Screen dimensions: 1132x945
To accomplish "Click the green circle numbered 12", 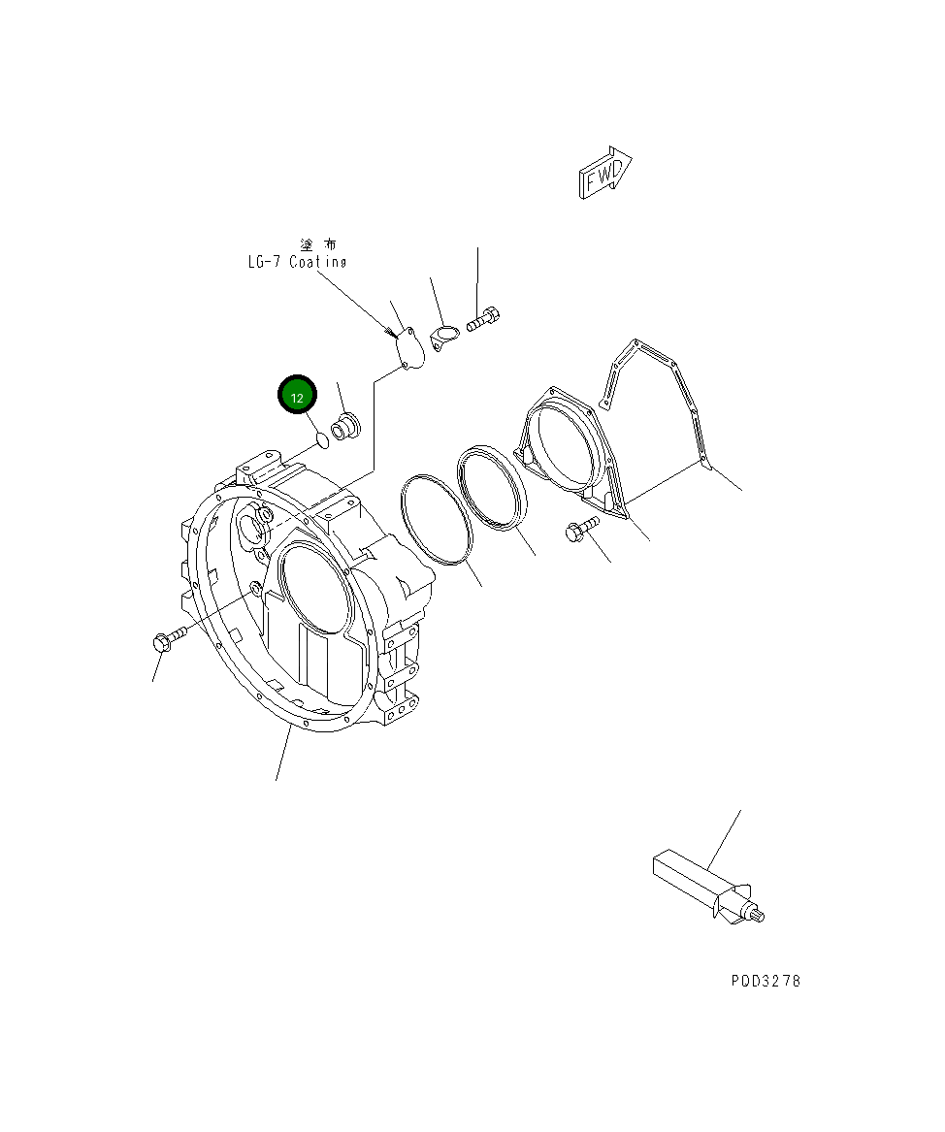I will [x=298, y=397].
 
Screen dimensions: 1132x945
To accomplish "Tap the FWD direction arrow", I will [x=605, y=175].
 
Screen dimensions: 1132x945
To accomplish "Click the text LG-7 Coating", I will [x=295, y=262].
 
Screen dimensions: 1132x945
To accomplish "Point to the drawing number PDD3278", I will [x=766, y=981].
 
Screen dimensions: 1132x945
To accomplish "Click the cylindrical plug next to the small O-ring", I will [x=346, y=427].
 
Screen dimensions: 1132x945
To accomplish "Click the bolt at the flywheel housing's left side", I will [x=168, y=640].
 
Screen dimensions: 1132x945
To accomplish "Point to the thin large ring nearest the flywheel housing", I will [x=435, y=518].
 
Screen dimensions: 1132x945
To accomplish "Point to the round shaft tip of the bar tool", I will [x=757, y=914].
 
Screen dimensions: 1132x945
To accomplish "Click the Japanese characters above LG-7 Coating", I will [x=319, y=244].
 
